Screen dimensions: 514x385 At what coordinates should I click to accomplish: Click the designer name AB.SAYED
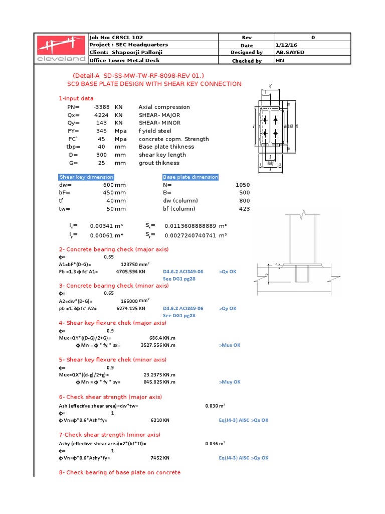(x=291, y=53)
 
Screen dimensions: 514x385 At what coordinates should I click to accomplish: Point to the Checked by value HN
(x=280, y=61)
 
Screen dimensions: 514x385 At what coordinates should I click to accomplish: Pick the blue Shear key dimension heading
(x=86, y=177)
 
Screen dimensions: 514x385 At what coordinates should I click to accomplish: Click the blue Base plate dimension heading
(x=190, y=177)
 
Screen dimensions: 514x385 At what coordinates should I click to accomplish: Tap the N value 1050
(x=243, y=185)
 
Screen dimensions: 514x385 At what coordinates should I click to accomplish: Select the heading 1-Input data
(x=76, y=98)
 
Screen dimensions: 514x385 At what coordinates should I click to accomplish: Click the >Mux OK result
(x=230, y=345)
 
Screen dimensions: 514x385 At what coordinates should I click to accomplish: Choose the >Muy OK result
(x=230, y=382)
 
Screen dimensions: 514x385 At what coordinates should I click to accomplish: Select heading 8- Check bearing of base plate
(x=119, y=472)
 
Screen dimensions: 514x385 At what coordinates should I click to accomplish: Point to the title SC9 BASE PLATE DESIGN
(x=154, y=84)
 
